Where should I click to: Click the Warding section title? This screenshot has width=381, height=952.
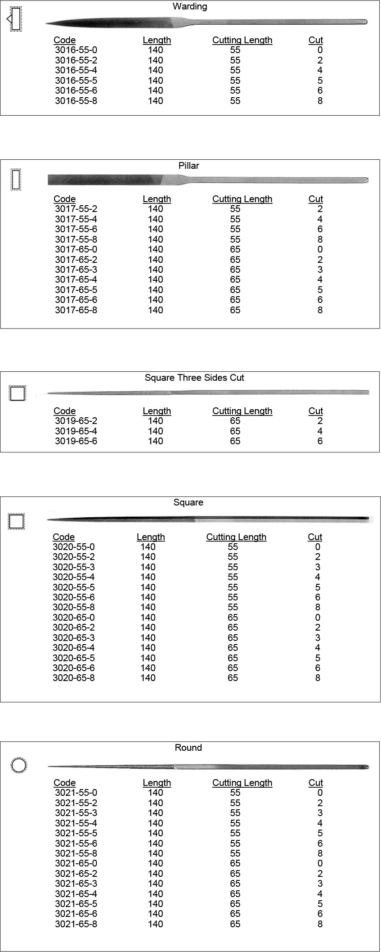point(190,7)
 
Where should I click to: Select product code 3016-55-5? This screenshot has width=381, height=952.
point(76,81)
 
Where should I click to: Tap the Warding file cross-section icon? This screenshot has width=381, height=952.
point(15,19)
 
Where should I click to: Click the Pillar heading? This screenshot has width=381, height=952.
point(189,166)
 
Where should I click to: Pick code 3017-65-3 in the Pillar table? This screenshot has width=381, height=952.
point(76,270)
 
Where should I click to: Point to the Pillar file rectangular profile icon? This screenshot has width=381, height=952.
point(16,179)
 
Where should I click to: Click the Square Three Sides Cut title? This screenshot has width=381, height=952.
point(194,378)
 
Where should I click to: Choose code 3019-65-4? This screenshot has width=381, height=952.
point(76,431)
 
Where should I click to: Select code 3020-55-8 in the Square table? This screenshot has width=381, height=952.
point(74,607)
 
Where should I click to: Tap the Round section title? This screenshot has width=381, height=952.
point(188,748)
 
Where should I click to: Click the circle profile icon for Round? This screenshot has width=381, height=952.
point(19,765)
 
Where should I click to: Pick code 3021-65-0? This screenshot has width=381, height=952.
point(76,863)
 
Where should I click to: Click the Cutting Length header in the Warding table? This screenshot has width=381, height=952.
point(242,40)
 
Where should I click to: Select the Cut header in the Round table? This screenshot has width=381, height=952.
point(316,783)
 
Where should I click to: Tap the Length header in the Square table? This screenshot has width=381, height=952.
point(151,537)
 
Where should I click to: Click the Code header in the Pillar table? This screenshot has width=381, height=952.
point(65,199)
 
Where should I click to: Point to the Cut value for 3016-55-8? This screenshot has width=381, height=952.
point(320,101)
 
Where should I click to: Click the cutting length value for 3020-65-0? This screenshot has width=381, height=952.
point(233,618)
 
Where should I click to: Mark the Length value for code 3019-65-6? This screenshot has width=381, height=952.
point(156,441)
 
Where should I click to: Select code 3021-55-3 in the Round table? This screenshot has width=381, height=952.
point(76,813)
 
